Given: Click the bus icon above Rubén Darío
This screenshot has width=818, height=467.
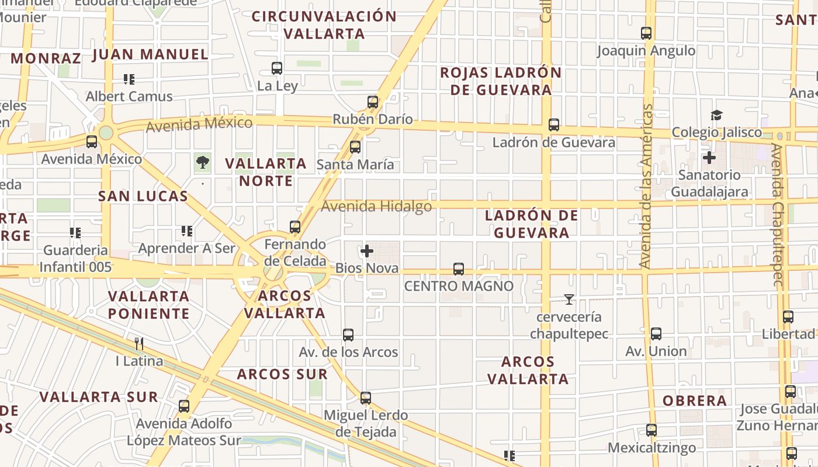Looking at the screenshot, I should (373, 102).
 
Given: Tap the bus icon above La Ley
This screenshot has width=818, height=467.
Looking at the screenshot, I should (277, 68).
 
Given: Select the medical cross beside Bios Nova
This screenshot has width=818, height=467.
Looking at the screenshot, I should (367, 251).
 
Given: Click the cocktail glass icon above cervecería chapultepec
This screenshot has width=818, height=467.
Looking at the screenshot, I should (569, 299).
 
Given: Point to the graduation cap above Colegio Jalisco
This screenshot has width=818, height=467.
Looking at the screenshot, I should (716, 115).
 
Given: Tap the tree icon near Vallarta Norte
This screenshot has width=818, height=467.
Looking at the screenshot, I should (203, 162).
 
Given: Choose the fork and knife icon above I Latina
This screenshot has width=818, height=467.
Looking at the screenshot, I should (139, 343).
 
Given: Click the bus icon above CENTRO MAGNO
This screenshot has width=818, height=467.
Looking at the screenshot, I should (459, 269).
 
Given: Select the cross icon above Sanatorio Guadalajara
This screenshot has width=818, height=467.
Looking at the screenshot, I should (709, 157).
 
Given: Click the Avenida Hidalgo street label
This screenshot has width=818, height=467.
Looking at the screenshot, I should (376, 206).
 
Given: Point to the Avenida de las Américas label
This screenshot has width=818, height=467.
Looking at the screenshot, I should (646, 186).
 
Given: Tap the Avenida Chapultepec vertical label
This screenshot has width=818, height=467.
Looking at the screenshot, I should (777, 215).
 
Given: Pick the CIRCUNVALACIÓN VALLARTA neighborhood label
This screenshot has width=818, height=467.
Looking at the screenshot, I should (324, 25).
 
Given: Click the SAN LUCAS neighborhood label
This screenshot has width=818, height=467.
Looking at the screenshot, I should (143, 196).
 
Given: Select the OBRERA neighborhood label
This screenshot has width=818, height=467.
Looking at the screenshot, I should (695, 401).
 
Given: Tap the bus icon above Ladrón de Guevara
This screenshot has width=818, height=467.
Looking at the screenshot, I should (554, 125).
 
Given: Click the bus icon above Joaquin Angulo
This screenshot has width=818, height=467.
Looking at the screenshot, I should (646, 33).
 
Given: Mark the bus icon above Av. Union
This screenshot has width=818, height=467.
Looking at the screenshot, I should (656, 334).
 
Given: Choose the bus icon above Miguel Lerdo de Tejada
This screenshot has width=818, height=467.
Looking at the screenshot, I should (366, 398).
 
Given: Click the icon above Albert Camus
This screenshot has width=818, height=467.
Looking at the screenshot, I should (129, 79).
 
